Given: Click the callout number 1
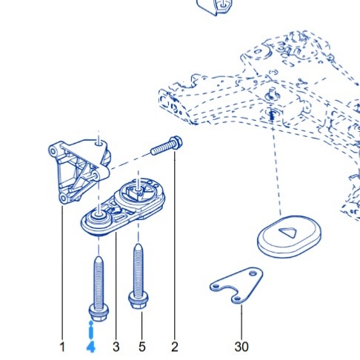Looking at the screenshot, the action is click(62, 347).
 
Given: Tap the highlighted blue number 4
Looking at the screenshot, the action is click(91, 347).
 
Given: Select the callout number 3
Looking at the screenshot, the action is click(116, 347).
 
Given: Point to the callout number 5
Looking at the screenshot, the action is click(142, 347).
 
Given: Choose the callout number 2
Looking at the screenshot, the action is click(175, 347).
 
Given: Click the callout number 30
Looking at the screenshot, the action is click(241, 347).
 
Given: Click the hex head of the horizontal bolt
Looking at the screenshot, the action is click(176, 143).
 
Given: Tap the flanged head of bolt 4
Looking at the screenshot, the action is click(99, 313).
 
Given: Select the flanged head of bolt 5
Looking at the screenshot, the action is click(139, 300).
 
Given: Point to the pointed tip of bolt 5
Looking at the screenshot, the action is click(139, 245).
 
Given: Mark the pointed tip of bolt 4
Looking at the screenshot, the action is click(99, 258).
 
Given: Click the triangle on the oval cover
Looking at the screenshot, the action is click(287, 233).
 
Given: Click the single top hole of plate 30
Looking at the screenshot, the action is click(253, 273).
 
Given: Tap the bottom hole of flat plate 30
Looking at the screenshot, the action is click(237, 299).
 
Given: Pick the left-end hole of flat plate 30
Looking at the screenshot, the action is click(216, 286).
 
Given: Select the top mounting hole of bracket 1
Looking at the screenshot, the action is click(99, 142).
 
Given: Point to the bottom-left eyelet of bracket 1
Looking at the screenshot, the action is click(63, 198).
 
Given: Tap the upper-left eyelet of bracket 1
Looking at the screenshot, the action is click(53, 150).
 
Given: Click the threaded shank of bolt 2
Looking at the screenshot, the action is click(161, 150).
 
